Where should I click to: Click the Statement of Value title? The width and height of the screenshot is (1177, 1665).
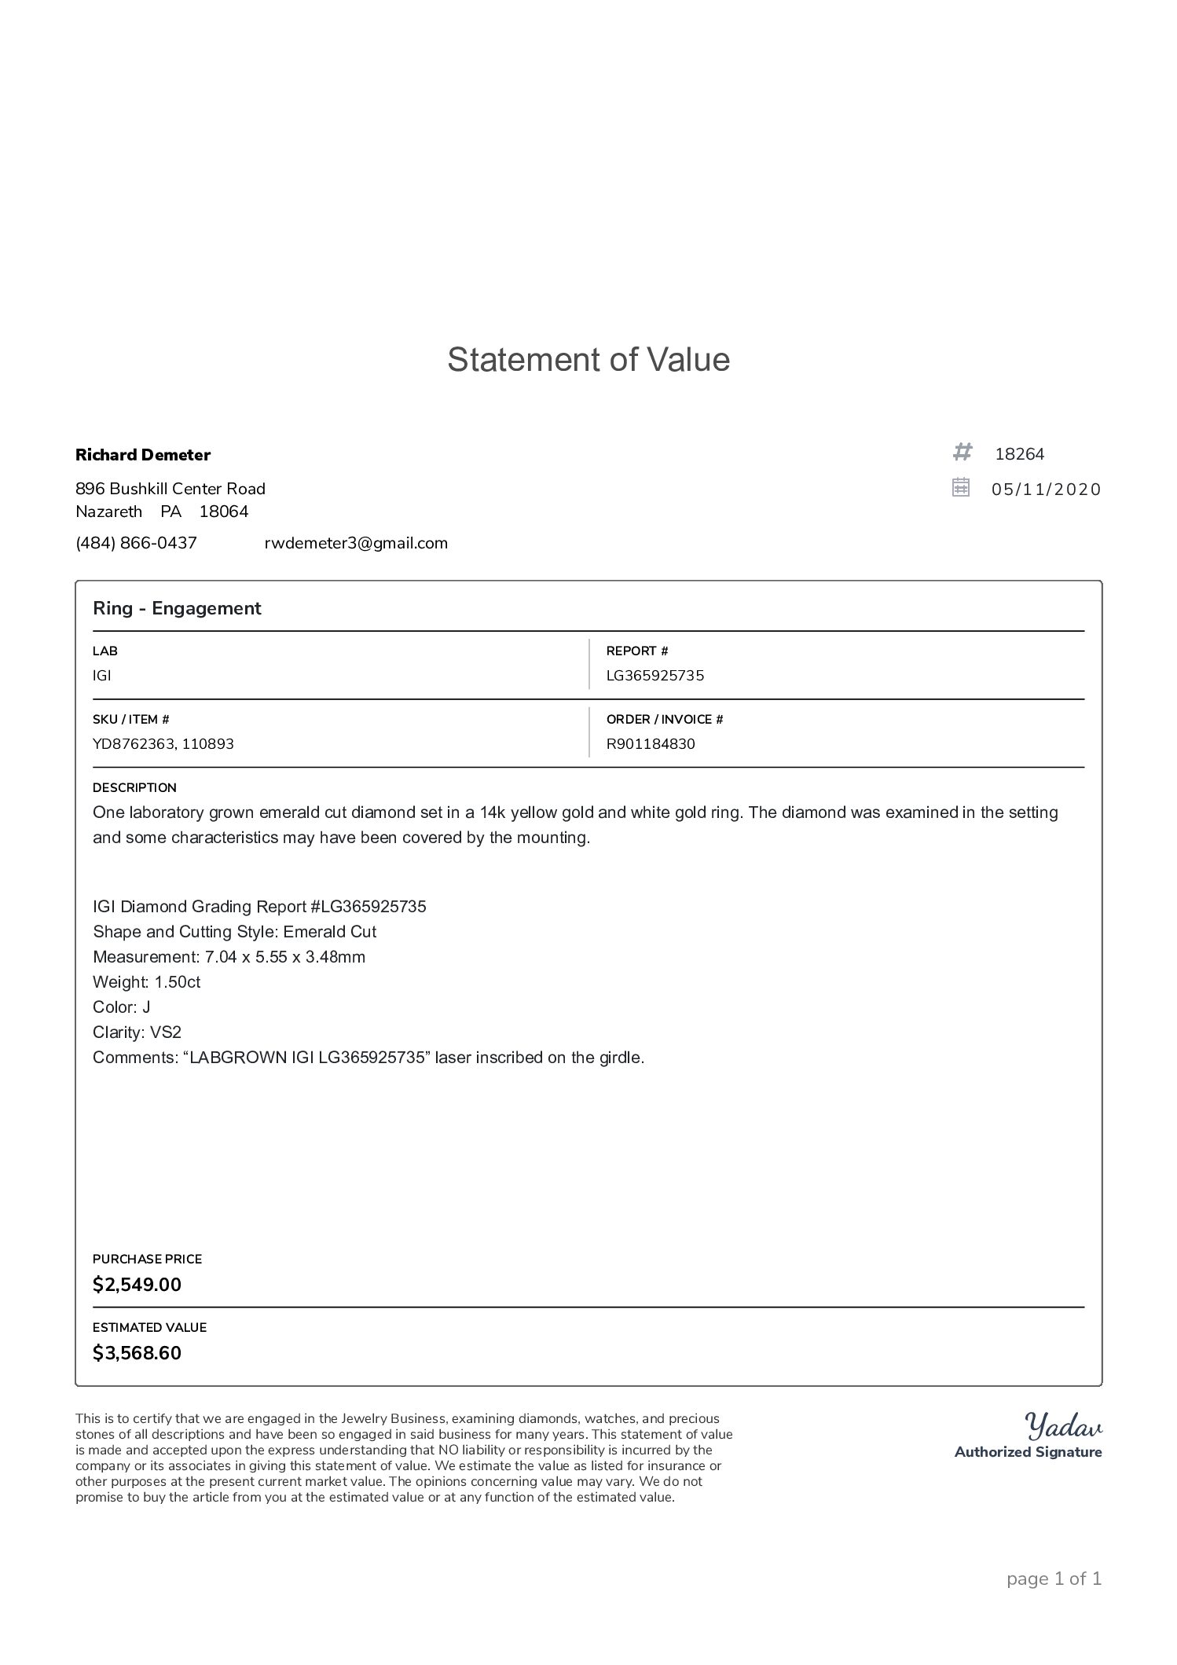coord(588,360)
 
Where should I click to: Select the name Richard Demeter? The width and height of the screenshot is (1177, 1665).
coord(143,455)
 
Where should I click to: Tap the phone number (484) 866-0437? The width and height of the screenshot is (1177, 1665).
coord(136,543)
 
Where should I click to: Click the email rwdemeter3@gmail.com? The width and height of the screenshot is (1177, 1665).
coord(356,543)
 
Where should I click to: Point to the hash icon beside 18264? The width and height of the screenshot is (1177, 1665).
coord(962,453)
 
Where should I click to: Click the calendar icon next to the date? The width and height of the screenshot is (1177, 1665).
coord(960,488)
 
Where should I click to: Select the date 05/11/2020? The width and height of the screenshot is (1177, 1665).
coord(1046,490)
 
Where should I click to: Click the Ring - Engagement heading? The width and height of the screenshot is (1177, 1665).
coord(177,608)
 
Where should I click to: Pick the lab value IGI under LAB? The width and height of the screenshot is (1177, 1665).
coord(102,676)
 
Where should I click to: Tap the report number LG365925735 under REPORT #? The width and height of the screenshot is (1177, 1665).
coord(655,676)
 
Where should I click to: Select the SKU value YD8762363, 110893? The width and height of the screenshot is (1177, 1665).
coord(163,744)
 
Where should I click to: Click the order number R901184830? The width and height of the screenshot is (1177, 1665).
coord(651,744)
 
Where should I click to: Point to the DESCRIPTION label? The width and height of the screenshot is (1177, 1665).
coord(134,787)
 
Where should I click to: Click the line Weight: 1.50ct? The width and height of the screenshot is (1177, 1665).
coord(146,982)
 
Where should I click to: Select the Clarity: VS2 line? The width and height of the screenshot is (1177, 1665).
coord(137,1032)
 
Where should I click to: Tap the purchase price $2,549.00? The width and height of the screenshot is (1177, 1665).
coord(137,1285)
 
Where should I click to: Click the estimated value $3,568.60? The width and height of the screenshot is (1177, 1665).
coord(137,1353)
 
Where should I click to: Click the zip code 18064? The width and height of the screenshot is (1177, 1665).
coord(224,512)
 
